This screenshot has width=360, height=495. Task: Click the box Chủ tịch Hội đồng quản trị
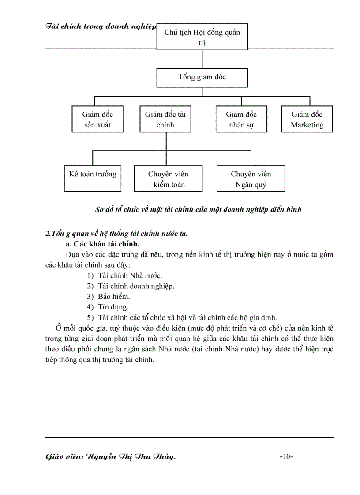pos(202,37)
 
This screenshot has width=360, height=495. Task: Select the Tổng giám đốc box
pos(202,77)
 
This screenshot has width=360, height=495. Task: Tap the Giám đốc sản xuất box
pos(97,119)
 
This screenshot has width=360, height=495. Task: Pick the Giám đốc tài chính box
pos(165,119)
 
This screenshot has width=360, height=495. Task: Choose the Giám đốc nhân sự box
pos(241,119)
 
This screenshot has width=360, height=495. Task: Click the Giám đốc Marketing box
pos(307,119)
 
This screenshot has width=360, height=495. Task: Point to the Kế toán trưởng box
pos(93,179)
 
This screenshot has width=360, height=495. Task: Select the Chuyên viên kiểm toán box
pos(169,179)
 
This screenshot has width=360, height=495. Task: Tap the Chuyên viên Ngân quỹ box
pos(251,179)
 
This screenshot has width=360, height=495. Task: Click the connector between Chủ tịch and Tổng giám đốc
pos(202,59)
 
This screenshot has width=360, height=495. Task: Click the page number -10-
pos(287,457)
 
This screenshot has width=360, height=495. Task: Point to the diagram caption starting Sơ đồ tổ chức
pos(199,209)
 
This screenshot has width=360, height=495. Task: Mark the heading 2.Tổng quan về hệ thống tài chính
pos(116,234)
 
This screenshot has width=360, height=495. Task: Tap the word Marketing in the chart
pos(307,125)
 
